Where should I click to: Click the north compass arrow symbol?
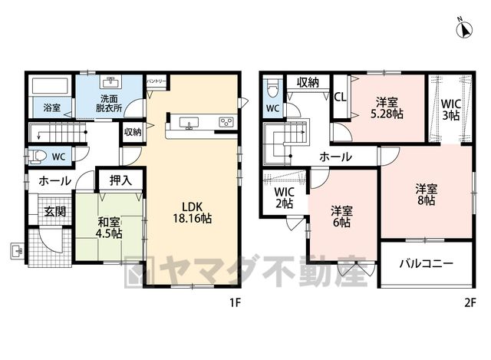(464, 29)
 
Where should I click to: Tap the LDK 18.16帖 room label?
(193, 213)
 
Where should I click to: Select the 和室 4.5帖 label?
(109, 228)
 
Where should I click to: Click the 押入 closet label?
(120, 180)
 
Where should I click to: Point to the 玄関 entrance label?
(54, 212)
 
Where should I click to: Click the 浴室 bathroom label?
(51, 108)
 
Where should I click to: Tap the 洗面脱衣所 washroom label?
(109, 104)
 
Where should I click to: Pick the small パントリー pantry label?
(157, 81)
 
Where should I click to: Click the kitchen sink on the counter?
(189, 123)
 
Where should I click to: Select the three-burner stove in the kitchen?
(226, 122)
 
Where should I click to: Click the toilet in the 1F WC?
(37, 156)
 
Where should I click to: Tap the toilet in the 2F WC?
(272, 88)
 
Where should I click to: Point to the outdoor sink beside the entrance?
(16, 251)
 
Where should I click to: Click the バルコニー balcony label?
(427, 263)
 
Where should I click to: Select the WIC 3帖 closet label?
(450, 110)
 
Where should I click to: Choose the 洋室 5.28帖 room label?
(387, 108)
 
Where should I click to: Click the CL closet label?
(341, 97)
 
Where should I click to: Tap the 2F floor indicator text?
(470, 303)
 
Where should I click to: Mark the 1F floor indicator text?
(235, 303)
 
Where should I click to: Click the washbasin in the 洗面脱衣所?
(110, 82)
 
